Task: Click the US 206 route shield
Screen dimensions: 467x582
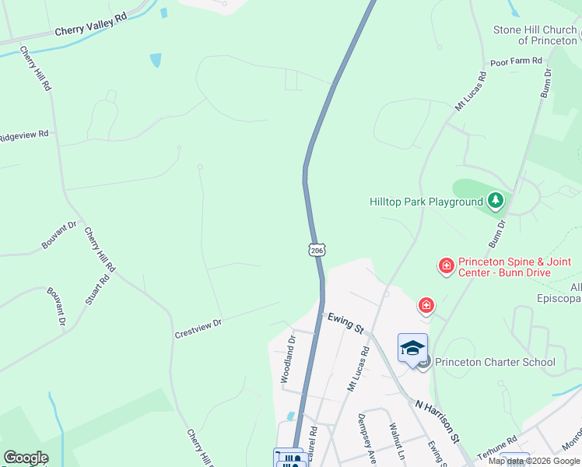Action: (x=316, y=250)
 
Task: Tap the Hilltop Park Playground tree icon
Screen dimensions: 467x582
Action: (x=496, y=202)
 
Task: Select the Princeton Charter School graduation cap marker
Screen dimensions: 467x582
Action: (x=412, y=349)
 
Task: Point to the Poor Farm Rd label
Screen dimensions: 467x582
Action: (x=515, y=61)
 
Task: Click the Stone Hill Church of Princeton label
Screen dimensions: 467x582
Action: (x=535, y=35)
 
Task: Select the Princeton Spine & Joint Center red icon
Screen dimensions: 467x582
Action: (x=447, y=267)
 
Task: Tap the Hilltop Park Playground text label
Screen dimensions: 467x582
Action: (x=426, y=202)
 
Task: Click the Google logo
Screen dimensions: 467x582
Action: (x=25, y=458)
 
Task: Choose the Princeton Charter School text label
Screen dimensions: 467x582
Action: (x=495, y=362)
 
